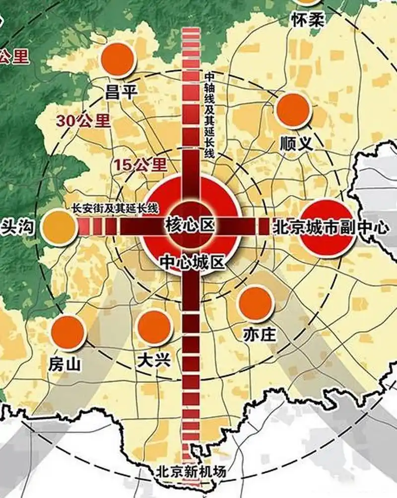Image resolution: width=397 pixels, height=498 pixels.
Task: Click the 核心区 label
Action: tap(190, 226)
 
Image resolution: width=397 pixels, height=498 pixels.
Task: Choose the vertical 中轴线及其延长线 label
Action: tap(209, 114)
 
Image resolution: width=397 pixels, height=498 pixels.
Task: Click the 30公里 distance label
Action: tap(83, 120)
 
